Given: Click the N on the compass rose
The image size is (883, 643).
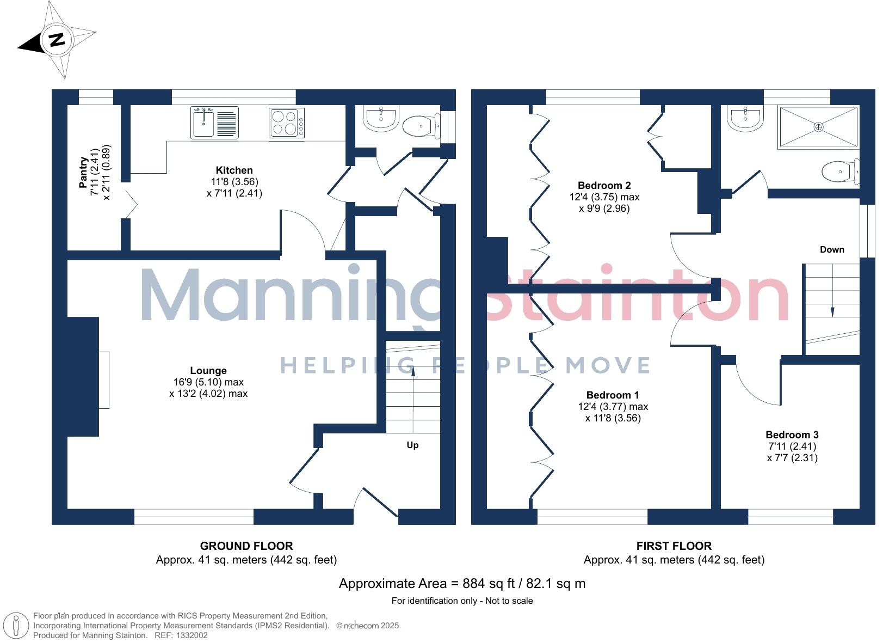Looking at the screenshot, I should (57, 40).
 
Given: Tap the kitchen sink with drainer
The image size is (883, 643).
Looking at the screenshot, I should (214, 122).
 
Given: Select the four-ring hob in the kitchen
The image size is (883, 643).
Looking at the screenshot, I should (287, 123).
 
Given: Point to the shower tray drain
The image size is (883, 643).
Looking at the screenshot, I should (818, 127).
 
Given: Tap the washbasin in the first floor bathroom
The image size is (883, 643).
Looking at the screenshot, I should (746, 119).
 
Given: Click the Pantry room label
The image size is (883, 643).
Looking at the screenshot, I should (83, 173).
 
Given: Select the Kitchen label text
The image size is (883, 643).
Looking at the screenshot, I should (234, 170).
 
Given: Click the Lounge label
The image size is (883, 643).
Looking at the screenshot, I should (208, 371).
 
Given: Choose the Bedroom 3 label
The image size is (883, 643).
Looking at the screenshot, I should (792, 434).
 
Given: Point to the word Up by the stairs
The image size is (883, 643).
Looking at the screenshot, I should (412, 445).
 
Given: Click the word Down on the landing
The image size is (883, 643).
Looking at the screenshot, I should (832, 250).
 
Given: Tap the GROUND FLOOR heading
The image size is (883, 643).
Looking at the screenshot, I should (246, 546).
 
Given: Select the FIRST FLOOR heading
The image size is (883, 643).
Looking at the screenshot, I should (674, 546).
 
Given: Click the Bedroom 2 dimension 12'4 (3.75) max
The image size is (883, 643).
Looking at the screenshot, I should (604, 197).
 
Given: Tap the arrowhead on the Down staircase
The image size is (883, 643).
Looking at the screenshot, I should (832, 312).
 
